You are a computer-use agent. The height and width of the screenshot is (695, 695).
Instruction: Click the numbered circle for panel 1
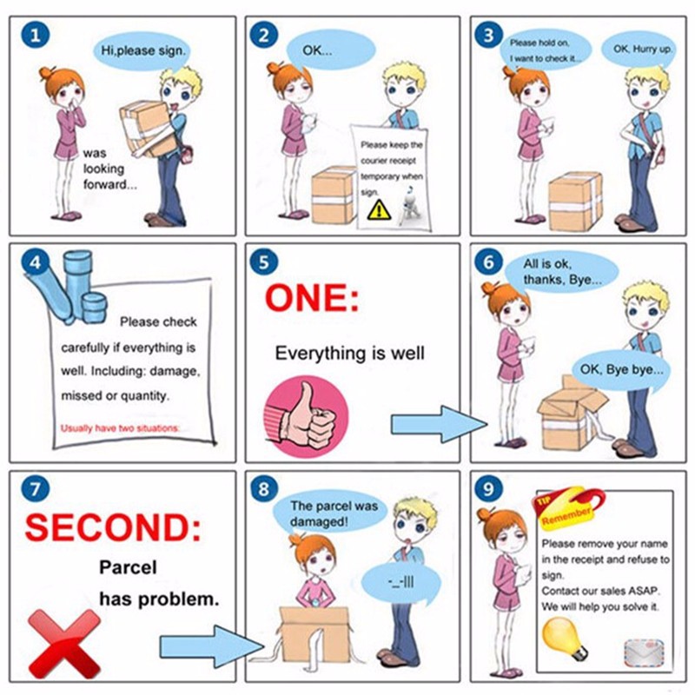36,35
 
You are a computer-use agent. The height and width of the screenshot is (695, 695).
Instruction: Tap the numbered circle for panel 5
264,262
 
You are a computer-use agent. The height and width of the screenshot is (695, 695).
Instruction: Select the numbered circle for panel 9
488,489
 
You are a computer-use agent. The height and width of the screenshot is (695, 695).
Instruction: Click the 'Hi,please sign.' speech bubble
142,51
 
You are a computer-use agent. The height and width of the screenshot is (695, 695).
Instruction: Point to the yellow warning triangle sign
379,209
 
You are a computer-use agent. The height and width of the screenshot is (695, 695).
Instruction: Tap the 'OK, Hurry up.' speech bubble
641,50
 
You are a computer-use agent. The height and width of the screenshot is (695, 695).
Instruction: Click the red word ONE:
312,298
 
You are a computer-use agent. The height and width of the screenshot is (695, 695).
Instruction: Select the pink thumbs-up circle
307,417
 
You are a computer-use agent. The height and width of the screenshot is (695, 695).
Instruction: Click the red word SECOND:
113,527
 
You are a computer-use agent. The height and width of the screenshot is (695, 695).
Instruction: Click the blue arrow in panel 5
439,424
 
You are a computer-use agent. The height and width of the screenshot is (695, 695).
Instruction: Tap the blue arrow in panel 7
211,646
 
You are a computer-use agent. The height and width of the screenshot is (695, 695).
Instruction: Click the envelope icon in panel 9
644,654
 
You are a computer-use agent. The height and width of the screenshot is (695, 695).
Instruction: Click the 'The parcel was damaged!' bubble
332,512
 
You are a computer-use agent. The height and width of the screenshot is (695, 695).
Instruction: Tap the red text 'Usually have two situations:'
120,428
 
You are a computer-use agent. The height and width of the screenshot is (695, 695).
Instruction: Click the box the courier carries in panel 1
149,129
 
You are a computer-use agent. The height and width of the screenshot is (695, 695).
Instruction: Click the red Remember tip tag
567,509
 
